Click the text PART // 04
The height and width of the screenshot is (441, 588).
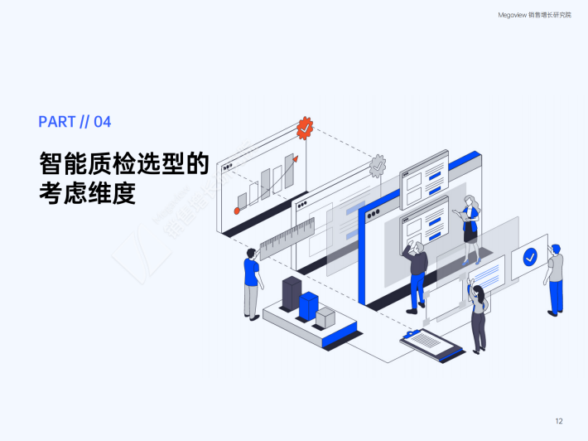pos(75,122)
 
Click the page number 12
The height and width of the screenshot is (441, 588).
pos(559,421)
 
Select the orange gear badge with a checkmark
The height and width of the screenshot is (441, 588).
pos(305,128)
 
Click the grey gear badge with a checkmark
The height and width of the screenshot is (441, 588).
pos(378,164)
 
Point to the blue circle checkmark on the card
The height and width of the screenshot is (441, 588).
pos(530,256)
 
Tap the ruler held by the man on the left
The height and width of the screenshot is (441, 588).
pos(287,237)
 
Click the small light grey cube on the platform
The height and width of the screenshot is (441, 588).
pos(325,317)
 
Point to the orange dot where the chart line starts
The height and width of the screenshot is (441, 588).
pos(237,211)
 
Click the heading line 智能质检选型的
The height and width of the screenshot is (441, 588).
pos(123,162)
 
